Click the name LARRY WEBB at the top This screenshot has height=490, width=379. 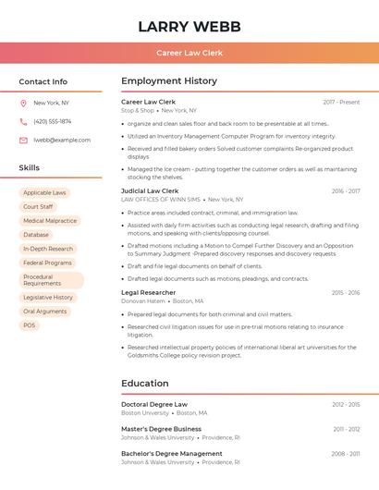(189, 27)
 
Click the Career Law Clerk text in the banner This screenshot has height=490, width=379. (189, 54)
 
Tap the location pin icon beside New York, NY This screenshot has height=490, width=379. (23, 103)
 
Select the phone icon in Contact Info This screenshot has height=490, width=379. (23, 121)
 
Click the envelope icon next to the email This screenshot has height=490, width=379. (23, 140)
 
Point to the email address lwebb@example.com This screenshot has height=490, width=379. (62, 140)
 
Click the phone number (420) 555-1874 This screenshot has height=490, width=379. (53, 121)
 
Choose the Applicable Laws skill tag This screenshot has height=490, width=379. (44, 193)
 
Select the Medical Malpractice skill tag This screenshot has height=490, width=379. (50, 221)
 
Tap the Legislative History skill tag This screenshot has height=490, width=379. (48, 298)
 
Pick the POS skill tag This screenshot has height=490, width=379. (30, 325)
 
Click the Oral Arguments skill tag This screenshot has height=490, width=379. (44, 312)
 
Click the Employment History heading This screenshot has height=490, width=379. (169, 81)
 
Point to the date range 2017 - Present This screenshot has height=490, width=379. (341, 102)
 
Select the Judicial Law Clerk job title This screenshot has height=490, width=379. (150, 190)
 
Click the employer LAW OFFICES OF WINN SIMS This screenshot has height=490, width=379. (161, 200)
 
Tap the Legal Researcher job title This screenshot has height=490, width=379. (148, 292)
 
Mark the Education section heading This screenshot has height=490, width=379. (145, 384)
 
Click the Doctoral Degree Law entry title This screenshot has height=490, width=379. (154, 404)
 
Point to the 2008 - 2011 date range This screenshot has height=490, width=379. (346, 454)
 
